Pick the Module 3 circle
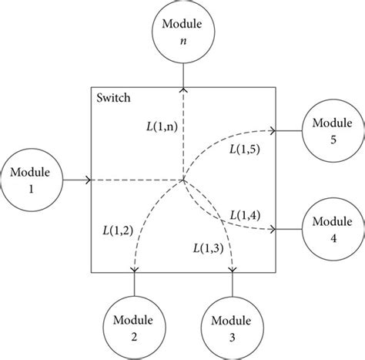click(x=232, y=326)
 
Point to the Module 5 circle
click(x=332, y=132)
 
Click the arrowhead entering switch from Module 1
click(x=89, y=182)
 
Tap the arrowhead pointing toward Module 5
click(x=273, y=132)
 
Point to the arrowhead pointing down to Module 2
click(x=136, y=269)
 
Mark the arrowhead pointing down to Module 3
click(x=232, y=269)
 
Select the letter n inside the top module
click(x=182, y=43)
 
